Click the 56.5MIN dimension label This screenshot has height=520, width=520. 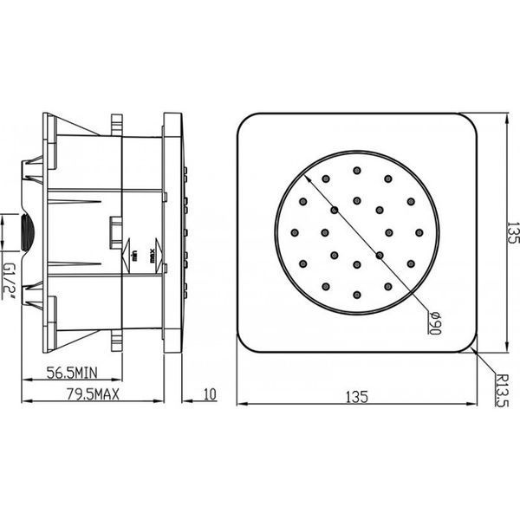[x=72, y=373]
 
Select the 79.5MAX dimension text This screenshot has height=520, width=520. [x=93, y=394]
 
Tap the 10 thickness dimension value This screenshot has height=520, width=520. [x=210, y=394]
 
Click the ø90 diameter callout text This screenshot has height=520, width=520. [x=434, y=322]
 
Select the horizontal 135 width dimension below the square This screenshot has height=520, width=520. [x=357, y=397]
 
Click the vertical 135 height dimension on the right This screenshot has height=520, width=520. [x=512, y=233]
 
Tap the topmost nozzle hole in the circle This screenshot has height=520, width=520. [x=357, y=171]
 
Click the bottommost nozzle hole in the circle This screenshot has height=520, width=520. [x=357, y=295]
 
